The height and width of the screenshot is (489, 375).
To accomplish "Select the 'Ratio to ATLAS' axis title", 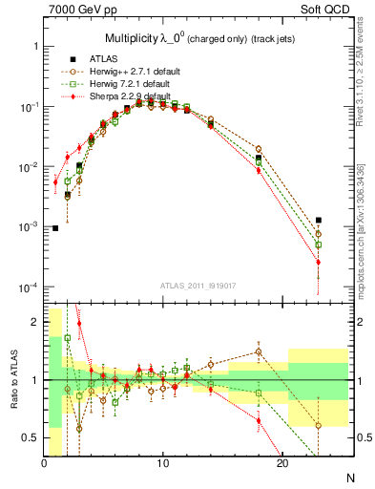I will tap(12, 379).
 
